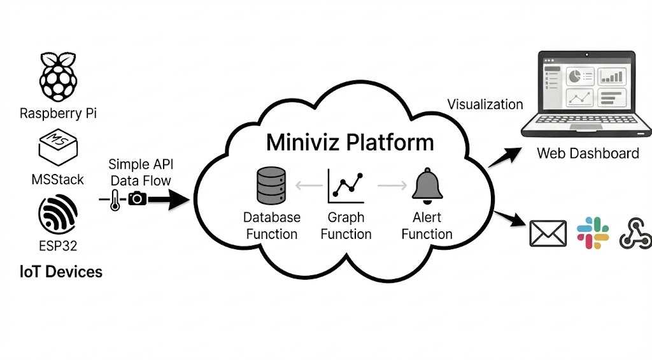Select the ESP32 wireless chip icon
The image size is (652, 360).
click(58, 215)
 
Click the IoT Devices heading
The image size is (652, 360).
click(60, 272)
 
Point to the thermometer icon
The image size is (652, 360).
click(114, 199)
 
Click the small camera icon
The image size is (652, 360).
click(137, 199)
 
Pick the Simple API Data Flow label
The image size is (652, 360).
click(140, 172)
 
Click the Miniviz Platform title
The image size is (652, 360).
click(350, 141)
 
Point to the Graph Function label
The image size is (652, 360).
click(346, 226)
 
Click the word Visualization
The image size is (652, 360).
click(485, 104)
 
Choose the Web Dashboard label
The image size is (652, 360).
click(588, 154)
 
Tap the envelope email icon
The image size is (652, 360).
click(548, 233)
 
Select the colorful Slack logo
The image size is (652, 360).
click(593, 233)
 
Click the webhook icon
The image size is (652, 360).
click(635, 233)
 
